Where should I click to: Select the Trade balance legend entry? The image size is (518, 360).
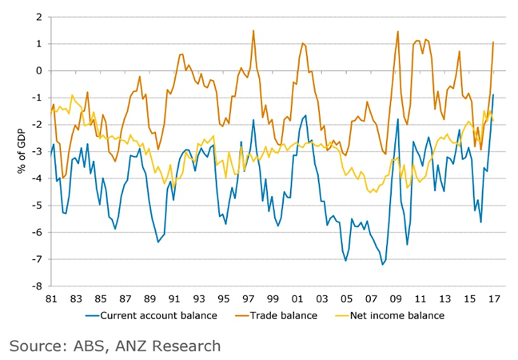(284, 315)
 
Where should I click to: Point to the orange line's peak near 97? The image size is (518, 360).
(253, 31)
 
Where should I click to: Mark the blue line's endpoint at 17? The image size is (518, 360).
(493, 94)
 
